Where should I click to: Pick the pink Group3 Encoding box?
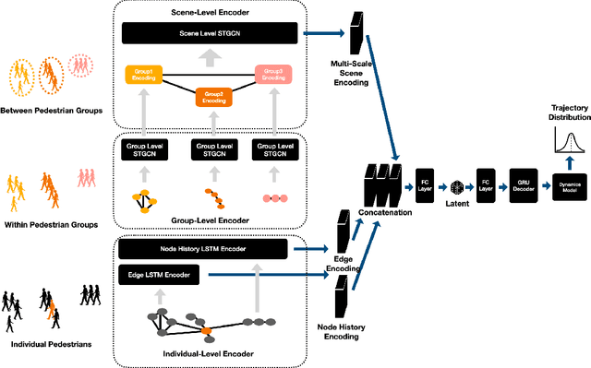[274, 75]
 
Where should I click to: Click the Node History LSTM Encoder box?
[207, 247]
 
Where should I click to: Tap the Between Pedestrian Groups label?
[53, 112]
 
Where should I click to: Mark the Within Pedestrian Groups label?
[53, 210]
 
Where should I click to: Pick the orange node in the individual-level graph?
[207, 329]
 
